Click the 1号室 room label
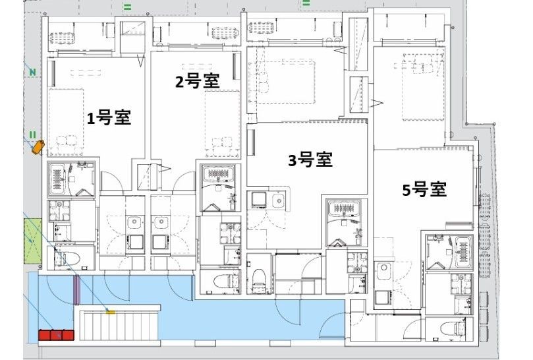coord(109,118)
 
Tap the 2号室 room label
coord(197,80)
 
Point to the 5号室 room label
coord(424,190)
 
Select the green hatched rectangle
coord(32,240)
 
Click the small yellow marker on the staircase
coord(111,311)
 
